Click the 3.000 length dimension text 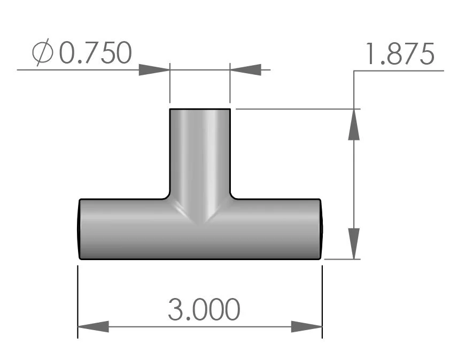coord(204,309)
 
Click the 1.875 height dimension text coord(398,54)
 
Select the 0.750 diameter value coord(95,53)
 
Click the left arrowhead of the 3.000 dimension coord(93,326)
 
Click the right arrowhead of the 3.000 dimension coord(307,326)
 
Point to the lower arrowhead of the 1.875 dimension coord(354,244)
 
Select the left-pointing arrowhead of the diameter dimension coord(245,69)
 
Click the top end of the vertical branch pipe coord(200,109)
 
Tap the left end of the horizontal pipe coord(80,229)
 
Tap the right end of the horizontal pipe coord(321,229)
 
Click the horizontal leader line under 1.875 coord(398,70)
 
